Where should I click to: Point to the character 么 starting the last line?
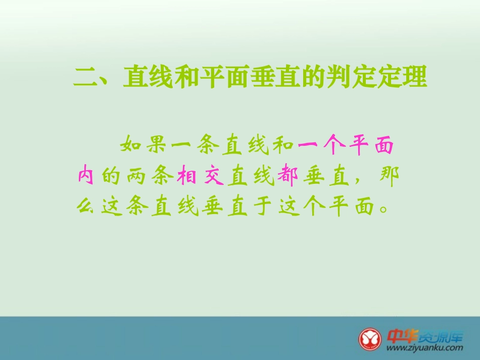[86, 206]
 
